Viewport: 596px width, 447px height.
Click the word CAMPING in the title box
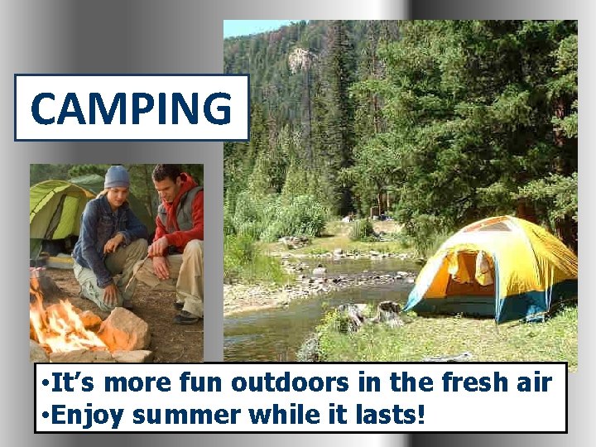pyautogui.click(x=131, y=108)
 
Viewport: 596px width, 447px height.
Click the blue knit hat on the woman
pyautogui.click(x=117, y=176)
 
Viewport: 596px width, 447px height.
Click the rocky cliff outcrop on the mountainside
pyautogui.click(x=301, y=59)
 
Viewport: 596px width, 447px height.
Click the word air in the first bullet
pyautogui.click(x=537, y=382)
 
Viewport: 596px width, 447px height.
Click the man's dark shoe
pyautogui.click(x=187, y=317)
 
